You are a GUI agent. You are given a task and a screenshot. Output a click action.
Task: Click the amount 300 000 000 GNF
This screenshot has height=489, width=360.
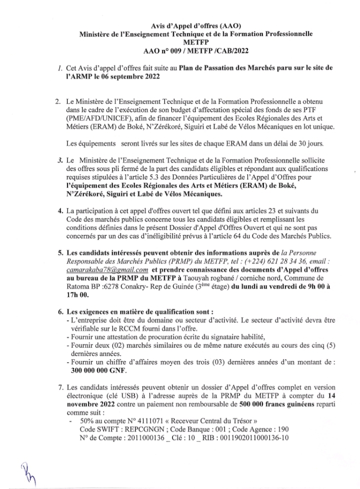click(98, 370)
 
